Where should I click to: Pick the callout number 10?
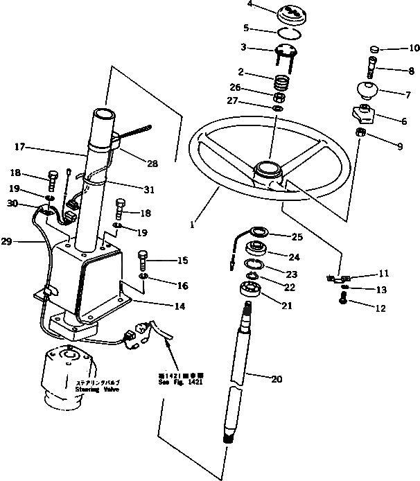pos(396,49)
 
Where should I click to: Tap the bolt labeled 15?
pos(144,259)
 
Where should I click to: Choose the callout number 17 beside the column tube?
pos(19,146)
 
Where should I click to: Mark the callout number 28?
pos(152,164)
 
